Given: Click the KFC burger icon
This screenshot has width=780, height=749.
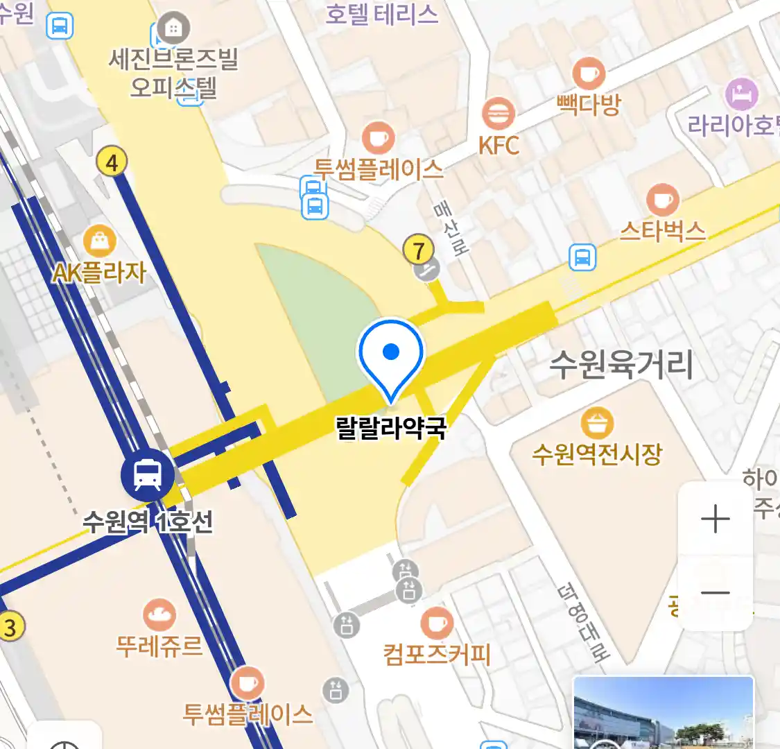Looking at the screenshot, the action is [x=498, y=114].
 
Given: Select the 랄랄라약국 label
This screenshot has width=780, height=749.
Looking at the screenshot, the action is [x=391, y=427].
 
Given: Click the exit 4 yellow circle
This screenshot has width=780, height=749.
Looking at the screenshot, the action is [x=112, y=162].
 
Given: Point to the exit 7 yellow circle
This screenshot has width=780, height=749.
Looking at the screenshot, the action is [x=418, y=250].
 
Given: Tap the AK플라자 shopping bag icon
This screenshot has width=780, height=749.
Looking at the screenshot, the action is [x=100, y=241].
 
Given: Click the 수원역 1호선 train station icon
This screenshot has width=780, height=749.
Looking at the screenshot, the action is [x=148, y=474].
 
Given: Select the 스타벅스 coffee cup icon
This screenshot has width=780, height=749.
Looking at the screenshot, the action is [x=663, y=200].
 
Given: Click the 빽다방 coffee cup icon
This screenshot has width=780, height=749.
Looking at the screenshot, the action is [x=588, y=74].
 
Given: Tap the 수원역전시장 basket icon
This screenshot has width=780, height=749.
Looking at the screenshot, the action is [x=596, y=423].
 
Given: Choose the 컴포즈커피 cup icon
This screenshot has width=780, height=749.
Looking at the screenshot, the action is [x=436, y=623].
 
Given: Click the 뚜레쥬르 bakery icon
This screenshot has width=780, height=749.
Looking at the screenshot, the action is [x=159, y=615].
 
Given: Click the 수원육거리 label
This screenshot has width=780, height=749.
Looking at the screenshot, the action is [x=621, y=364].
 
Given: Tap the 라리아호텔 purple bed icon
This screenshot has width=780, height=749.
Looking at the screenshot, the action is [x=741, y=94].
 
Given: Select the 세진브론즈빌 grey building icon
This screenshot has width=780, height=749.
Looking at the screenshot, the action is [x=173, y=28].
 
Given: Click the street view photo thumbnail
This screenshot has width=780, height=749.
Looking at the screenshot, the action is [x=663, y=712].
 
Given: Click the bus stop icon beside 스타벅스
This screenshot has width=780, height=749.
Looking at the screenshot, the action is [x=582, y=257].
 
